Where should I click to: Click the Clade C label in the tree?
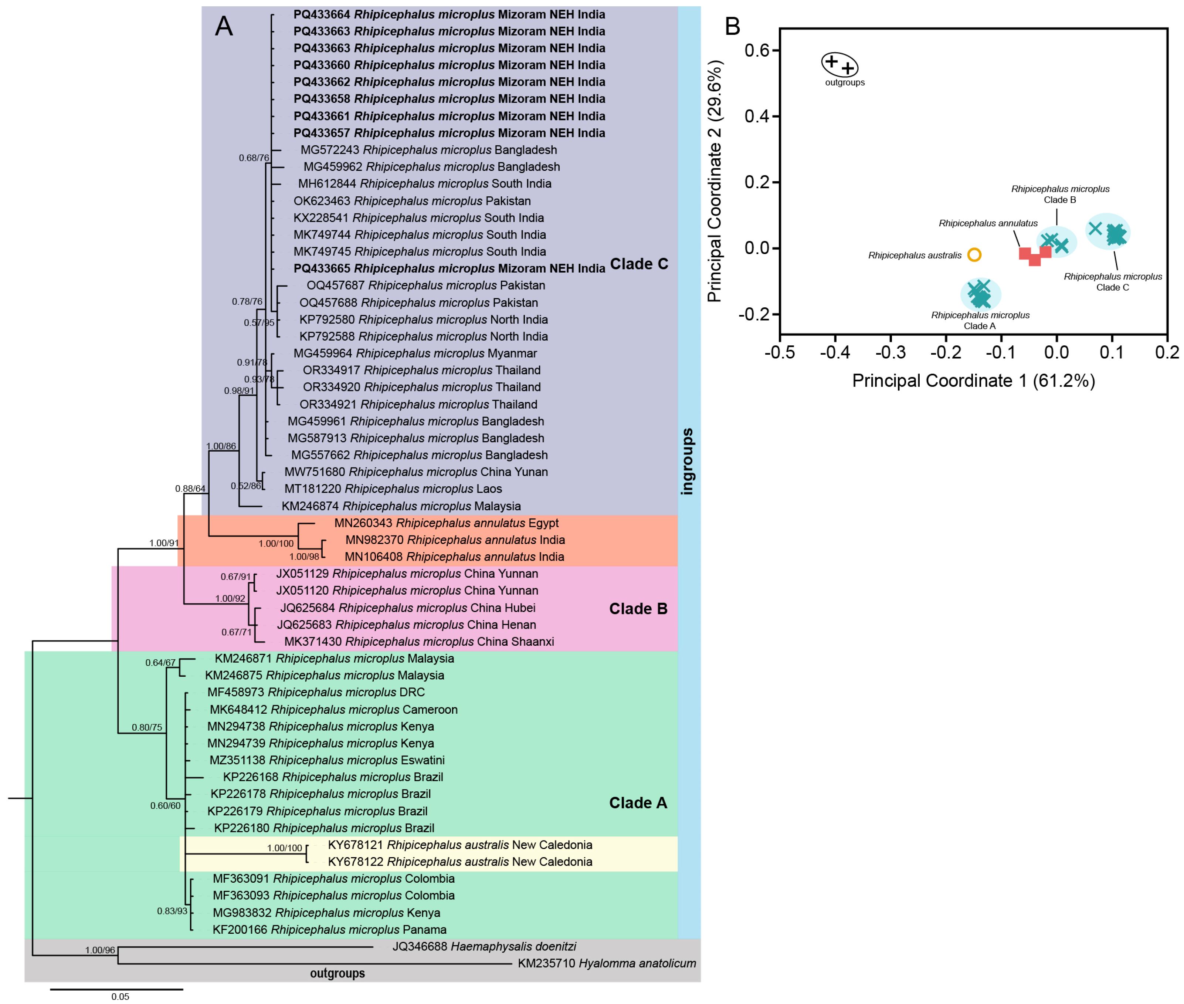638,264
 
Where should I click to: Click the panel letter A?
224,26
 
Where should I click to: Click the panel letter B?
732,26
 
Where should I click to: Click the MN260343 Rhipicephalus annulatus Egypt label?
446,523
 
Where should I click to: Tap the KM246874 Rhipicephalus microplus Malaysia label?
401,506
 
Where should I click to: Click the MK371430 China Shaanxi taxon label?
419,642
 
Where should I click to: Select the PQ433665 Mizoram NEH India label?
449,268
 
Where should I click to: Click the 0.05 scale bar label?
120,996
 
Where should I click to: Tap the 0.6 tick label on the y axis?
757,51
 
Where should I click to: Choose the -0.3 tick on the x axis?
890,352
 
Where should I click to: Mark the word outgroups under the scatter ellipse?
844,82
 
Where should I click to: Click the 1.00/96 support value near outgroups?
100,950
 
